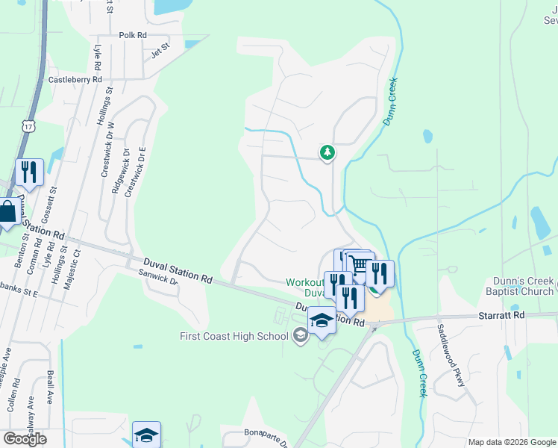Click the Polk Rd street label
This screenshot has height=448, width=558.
point(134,35)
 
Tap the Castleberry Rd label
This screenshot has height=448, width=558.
point(75,79)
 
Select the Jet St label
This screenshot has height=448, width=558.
point(160,52)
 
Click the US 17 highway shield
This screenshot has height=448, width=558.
point(28,127)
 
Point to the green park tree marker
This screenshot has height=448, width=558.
point(327,153)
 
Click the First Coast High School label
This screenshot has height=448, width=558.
point(234,336)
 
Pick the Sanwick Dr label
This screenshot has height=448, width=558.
point(157,277)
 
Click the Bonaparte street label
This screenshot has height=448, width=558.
point(266,432)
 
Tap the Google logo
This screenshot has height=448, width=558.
point(25,439)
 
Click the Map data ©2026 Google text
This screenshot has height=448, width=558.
point(512,442)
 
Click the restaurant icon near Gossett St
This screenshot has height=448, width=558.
point(28,172)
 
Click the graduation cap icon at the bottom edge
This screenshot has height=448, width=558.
point(146,435)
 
